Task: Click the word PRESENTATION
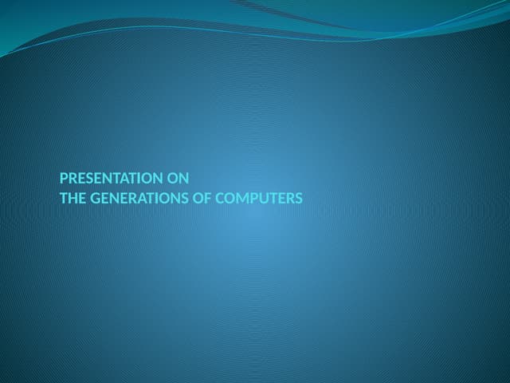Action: (111, 179)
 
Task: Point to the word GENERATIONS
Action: (139, 198)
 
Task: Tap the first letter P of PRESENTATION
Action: (64, 179)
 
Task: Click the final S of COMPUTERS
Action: (299, 198)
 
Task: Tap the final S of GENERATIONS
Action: (186, 198)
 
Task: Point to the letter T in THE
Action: (64, 198)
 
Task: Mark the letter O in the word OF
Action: (199, 198)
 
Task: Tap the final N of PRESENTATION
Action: (157, 179)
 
